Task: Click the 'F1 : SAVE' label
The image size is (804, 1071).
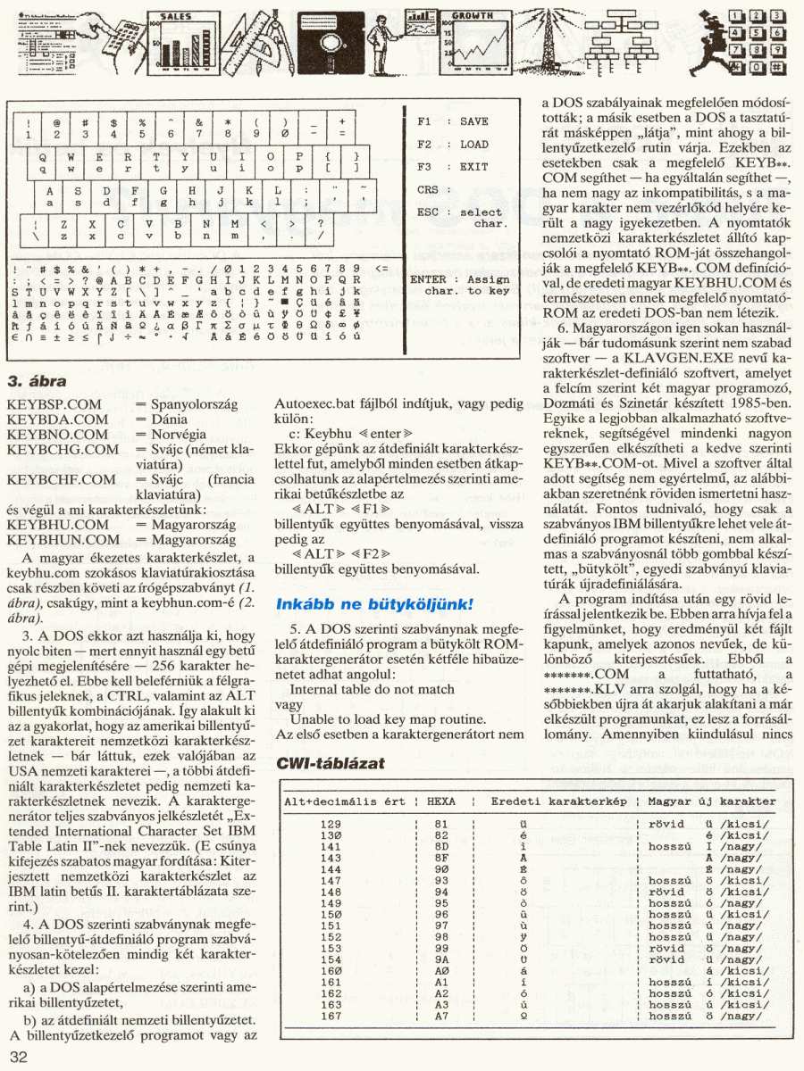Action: click(x=453, y=121)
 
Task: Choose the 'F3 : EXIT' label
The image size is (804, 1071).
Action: click(x=453, y=167)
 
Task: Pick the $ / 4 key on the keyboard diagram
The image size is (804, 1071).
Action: click(x=113, y=128)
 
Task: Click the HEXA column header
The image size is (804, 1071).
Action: click(x=441, y=802)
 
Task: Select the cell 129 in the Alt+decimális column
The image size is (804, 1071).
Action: click(x=331, y=823)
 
